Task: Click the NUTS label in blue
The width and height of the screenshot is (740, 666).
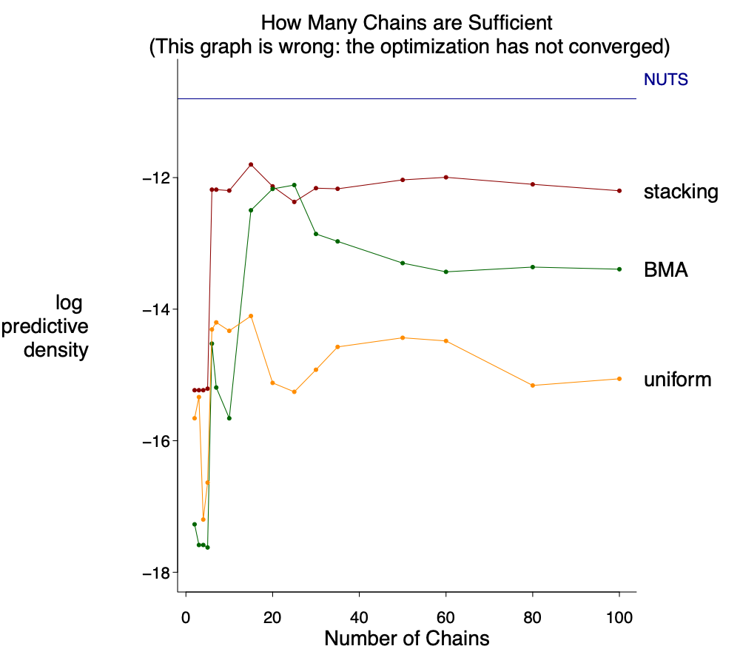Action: pyautogui.click(x=666, y=80)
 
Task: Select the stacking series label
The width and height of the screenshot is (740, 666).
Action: pyautogui.click(x=681, y=192)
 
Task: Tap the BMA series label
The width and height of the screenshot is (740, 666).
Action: pyautogui.click(x=666, y=270)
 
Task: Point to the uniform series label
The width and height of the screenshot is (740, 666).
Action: pyautogui.click(x=677, y=380)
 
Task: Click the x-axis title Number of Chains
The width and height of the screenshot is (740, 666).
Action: pyautogui.click(x=407, y=638)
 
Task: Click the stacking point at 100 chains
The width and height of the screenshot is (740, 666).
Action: pyautogui.click(x=619, y=191)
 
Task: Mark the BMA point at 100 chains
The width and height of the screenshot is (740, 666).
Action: pyautogui.click(x=619, y=269)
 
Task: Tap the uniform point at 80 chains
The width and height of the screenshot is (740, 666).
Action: pyautogui.click(x=533, y=386)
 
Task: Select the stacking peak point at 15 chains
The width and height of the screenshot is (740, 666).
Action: pyautogui.click(x=251, y=164)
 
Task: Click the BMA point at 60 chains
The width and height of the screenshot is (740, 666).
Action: pyautogui.click(x=445, y=272)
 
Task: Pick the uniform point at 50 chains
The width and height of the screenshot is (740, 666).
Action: pyautogui.click(x=403, y=337)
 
